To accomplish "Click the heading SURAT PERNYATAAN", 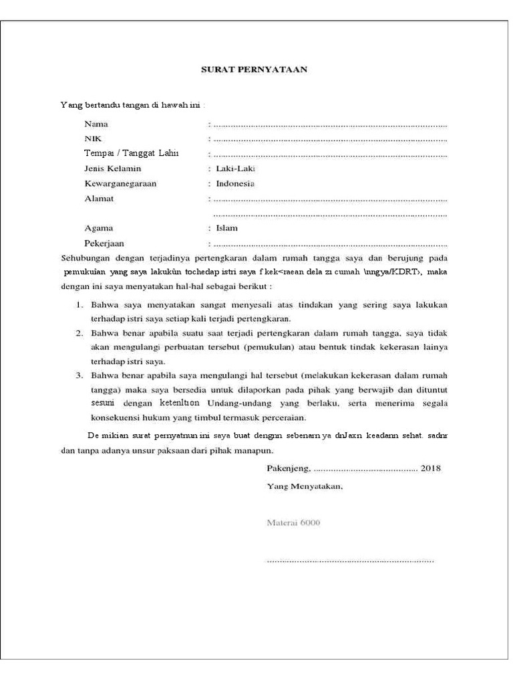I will pos(254,69).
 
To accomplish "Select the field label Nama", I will pos(96,124).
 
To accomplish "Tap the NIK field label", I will pos(92,138).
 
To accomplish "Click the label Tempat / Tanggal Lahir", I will pos(132,154).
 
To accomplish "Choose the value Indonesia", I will pos(235,183).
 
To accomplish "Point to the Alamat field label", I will pos(99,199).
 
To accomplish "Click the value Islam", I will pos(227,228).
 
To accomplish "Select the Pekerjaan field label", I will pos(104,243).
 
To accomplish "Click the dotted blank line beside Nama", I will pos(329,125).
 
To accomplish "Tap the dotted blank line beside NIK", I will pos(329,140).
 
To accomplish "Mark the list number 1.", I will pos(78,305).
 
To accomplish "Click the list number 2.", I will pos(78,333).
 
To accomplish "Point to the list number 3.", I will pos(78,375).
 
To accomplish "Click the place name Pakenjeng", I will pos(288,468).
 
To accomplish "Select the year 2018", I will pos(430,468).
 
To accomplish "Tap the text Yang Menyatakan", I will pos(305,486).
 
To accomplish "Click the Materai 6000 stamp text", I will pos(293,522).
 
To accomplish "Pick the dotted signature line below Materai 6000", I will pos(350,560).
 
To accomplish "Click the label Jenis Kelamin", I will pos(113,169).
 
